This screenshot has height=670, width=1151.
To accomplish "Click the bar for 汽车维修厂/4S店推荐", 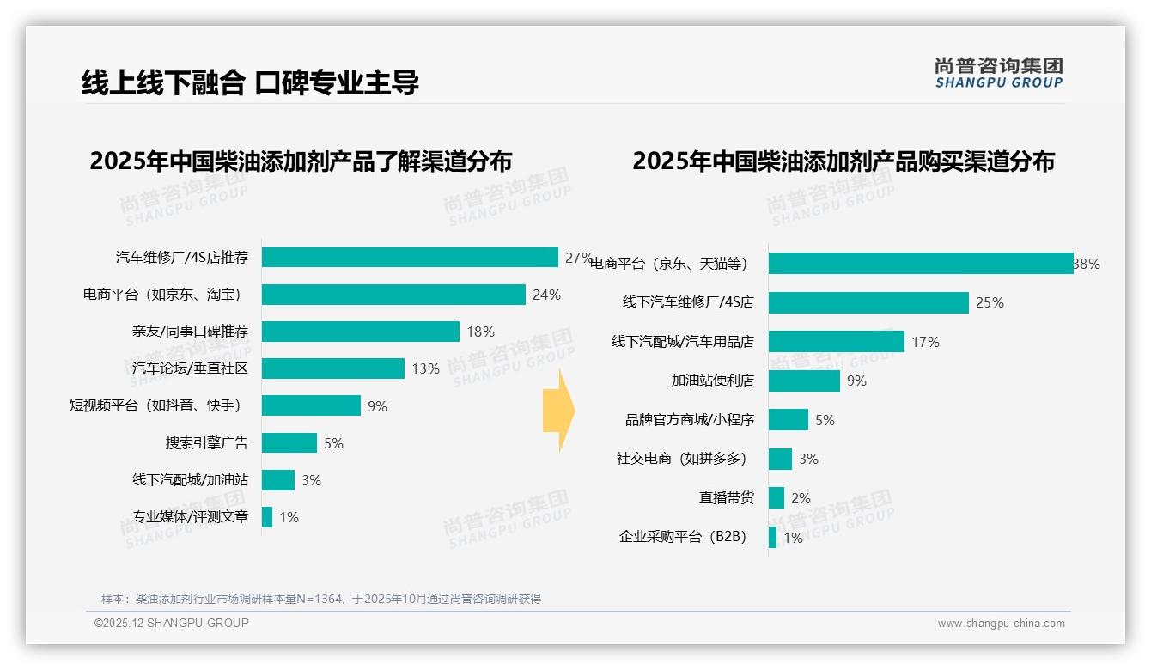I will [410, 258].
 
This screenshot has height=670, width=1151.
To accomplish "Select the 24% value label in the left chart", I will [546, 295].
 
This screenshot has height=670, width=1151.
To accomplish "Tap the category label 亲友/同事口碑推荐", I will [190, 332].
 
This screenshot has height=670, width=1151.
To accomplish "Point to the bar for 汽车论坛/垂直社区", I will [332, 368].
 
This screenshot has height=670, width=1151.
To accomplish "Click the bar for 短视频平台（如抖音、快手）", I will [311, 405].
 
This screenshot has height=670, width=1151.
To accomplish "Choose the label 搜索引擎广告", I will [206, 443].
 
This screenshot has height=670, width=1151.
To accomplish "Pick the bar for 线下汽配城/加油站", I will [278, 480].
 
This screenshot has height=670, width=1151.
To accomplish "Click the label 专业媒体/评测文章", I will [190, 517].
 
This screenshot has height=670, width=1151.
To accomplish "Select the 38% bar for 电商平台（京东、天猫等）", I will [920, 264].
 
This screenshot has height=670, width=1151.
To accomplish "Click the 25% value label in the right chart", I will [990, 302].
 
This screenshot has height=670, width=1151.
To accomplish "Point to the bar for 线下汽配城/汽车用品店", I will [836, 342].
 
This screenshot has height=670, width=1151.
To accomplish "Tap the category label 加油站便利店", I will [712, 381].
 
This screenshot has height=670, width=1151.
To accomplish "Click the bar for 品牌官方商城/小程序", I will [788, 420].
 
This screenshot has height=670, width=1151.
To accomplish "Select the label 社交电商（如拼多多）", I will [681, 459].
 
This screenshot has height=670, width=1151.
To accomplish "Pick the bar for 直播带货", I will [776, 498].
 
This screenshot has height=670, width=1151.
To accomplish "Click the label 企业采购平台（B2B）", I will [683, 537].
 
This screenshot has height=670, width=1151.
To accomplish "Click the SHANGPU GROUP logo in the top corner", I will [998, 73].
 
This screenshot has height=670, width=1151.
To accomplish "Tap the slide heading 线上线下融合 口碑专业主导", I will [250, 82].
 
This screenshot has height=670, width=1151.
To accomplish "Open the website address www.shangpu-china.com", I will [1001, 624].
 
